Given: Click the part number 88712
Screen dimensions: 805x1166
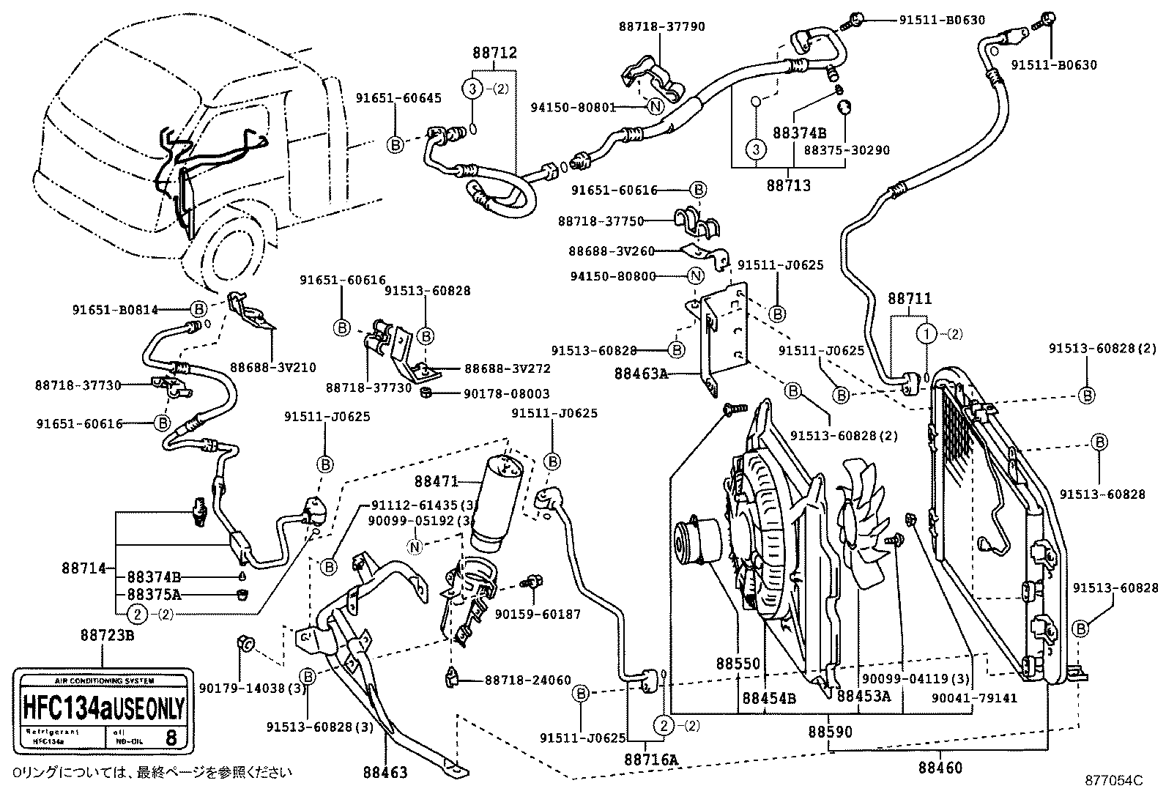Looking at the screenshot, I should tap(494, 53).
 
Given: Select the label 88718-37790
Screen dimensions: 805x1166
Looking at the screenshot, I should tap(661, 26).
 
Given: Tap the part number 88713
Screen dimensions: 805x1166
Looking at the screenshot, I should tap(789, 185).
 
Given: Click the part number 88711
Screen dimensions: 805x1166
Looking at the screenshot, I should tap(910, 299).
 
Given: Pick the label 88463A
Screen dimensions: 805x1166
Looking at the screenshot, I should tap(641, 374).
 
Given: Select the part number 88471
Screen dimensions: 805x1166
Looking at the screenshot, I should tap(437, 481).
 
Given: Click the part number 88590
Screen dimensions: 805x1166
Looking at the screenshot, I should tap(831, 731).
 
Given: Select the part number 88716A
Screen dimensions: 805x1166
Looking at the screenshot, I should tap(651, 760).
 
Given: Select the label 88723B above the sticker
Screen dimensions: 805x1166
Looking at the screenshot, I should tap(107, 635).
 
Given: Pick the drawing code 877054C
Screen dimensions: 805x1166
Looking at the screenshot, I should tap(1113, 781).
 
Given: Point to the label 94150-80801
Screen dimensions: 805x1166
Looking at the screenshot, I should tap(573, 107).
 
